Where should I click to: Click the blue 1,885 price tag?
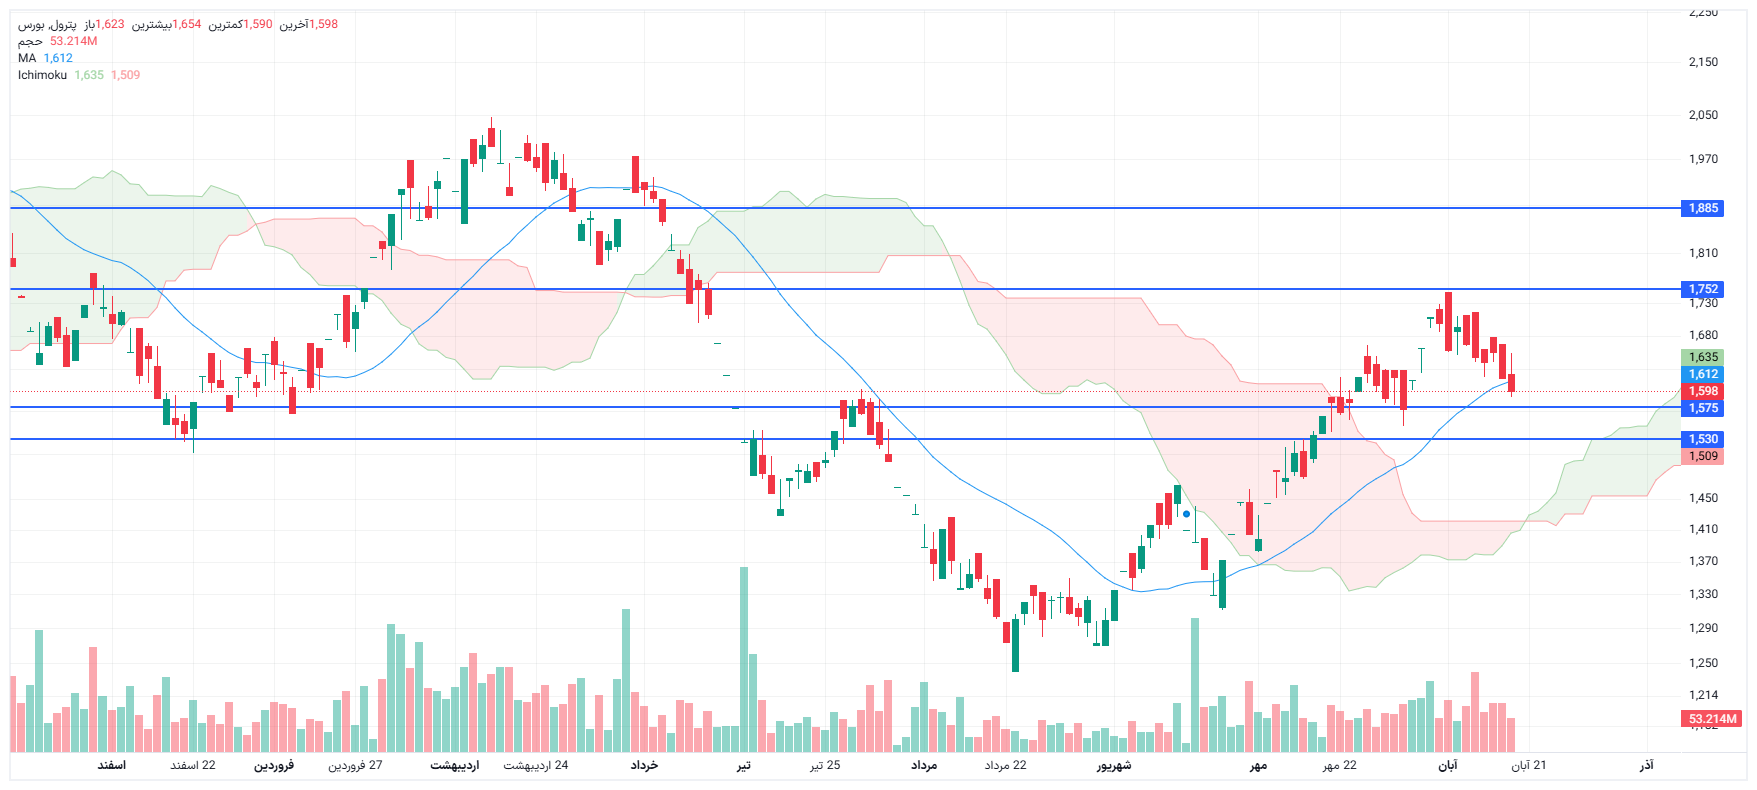pos(1703,208)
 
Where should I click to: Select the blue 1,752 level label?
pos(1703,289)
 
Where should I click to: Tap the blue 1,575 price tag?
pos(1703,408)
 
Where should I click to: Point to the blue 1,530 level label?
pos(1703,439)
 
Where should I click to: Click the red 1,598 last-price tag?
pos(1703,391)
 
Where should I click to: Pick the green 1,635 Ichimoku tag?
pos(1703,357)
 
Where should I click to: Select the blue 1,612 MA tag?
pos(1703,374)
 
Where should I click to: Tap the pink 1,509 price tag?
pos(1703,456)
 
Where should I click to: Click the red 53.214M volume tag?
pos(1712,719)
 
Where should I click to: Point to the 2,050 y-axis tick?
pos(1703,115)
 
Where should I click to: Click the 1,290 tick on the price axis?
pos(1703,628)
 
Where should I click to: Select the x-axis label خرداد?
pos(644,765)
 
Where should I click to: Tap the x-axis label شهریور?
pos(1113,765)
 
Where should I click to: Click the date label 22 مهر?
pos(1340,765)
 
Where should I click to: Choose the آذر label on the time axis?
pos(1646,765)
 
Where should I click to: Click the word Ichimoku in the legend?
pos(42,75)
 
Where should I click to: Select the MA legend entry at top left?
pos(27,58)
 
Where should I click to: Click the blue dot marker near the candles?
pos(1186,514)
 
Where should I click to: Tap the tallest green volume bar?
pos(743,660)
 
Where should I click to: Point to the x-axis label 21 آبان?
pos(1528,765)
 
